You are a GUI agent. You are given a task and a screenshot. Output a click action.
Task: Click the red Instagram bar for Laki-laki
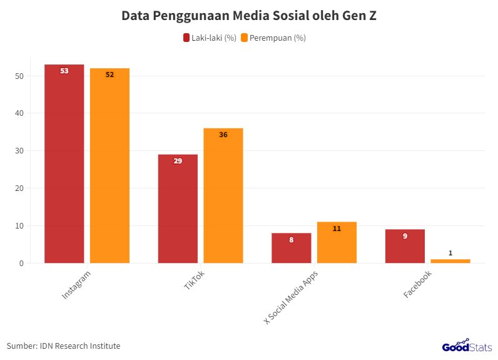tap(64, 164)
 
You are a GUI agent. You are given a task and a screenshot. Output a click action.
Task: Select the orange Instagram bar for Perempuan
tap(109, 166)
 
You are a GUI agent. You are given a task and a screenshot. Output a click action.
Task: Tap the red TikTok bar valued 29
tap(178, 209)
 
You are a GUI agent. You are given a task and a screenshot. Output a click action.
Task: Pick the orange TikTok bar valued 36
tap(223, 196)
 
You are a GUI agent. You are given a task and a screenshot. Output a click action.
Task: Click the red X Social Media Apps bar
tap(291, 249)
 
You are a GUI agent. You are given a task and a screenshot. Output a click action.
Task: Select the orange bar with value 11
tap(337, 243)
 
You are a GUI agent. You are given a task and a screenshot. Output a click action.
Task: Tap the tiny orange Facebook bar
tap(450, 261)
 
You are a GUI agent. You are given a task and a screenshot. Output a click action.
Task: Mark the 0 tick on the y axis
tap(21, 264)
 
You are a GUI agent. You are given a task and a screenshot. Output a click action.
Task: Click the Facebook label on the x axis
tap(417, 284)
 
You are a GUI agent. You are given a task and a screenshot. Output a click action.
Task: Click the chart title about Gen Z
tap(249, 16)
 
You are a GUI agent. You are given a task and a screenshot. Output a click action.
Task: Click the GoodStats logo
tap(467, 346)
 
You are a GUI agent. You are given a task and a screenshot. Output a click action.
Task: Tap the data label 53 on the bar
tap(64, 71)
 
